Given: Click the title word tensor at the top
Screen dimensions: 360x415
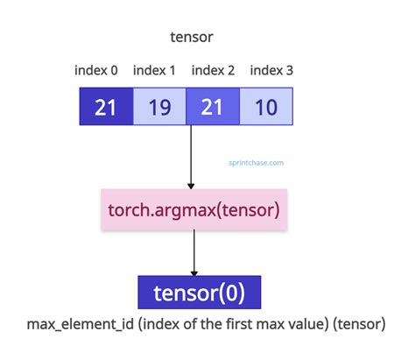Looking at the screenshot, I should (x=192, y=39).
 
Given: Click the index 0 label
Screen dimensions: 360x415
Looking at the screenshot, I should (x=99, y=71).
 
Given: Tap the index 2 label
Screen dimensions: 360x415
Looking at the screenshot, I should (x=213, y=71).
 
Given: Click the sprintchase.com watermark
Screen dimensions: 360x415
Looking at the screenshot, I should (x=254, y=161).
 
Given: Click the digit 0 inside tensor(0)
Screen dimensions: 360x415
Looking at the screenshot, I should (x=235, y=292).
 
